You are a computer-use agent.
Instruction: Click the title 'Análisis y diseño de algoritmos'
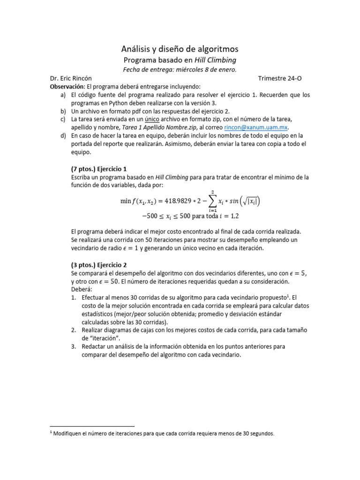point(180,49)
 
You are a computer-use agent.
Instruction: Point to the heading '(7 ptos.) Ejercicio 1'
point(99,169)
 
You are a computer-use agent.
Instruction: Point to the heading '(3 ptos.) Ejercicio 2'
point(99,265)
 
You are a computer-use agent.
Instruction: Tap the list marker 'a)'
point(63,95)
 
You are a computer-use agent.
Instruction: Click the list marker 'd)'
point(63,135)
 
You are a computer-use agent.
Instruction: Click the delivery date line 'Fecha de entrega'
point(180,69)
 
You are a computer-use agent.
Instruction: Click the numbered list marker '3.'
point(74,346)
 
